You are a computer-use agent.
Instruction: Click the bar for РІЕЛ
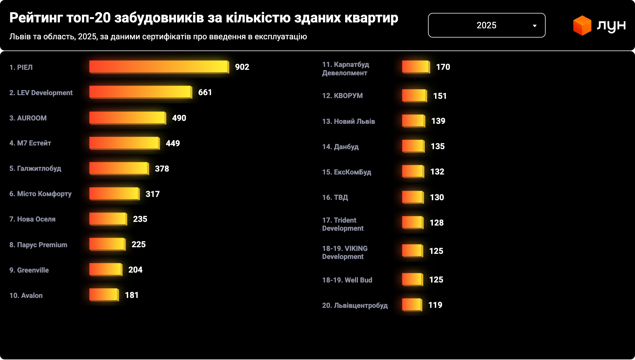pos(159,67)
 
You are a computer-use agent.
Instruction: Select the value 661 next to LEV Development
pos(205,92)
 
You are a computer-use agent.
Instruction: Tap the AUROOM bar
pos(128,118)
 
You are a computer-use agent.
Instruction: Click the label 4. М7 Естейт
pos(30,143)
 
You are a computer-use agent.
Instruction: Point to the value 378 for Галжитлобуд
pos(162,169)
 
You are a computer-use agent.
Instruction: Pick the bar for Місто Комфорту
pos(114,194)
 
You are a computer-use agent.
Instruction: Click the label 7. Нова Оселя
pos(32,219)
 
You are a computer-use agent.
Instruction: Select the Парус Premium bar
pos(107,244)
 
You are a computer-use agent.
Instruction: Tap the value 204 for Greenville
pos(135,270)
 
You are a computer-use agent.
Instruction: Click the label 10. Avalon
pos(26,295)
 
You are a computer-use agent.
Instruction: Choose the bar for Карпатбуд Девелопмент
pos(416,67)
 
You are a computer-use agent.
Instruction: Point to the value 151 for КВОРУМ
pos(440,96)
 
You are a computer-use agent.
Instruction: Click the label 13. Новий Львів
pos(348,121)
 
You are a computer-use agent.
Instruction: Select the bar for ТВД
pos(413,197)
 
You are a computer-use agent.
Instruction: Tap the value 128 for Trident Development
pos(437,223)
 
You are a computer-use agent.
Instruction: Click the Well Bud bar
pos(412,280)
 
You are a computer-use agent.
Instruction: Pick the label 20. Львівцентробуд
pos(355,305)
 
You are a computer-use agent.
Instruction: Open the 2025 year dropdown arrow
pos(535,26)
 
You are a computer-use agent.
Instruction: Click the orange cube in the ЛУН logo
pos(582,25)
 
